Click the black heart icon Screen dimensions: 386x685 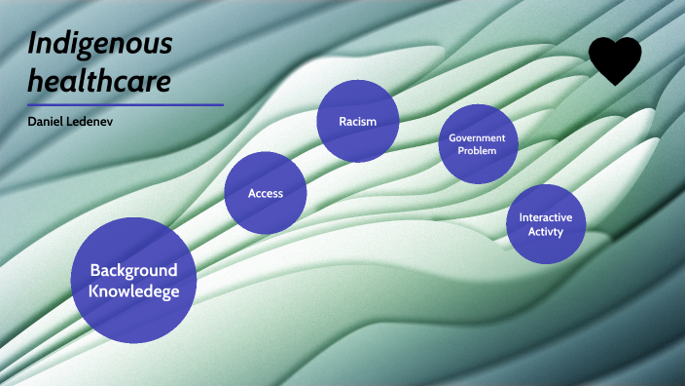(615, 59)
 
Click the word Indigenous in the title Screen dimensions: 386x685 (100, 44)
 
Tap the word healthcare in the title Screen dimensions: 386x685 (99, 80)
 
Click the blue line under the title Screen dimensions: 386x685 (126, 104)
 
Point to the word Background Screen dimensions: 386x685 (133, 270)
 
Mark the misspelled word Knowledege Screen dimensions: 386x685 (134, 290)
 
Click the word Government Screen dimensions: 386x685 (477, 138)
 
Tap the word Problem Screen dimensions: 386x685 (477, 151)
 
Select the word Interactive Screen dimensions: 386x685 (546, 217)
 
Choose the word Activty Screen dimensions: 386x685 (546, 232)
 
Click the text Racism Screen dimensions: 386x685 (357, 122)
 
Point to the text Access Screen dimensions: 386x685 (266, 193)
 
